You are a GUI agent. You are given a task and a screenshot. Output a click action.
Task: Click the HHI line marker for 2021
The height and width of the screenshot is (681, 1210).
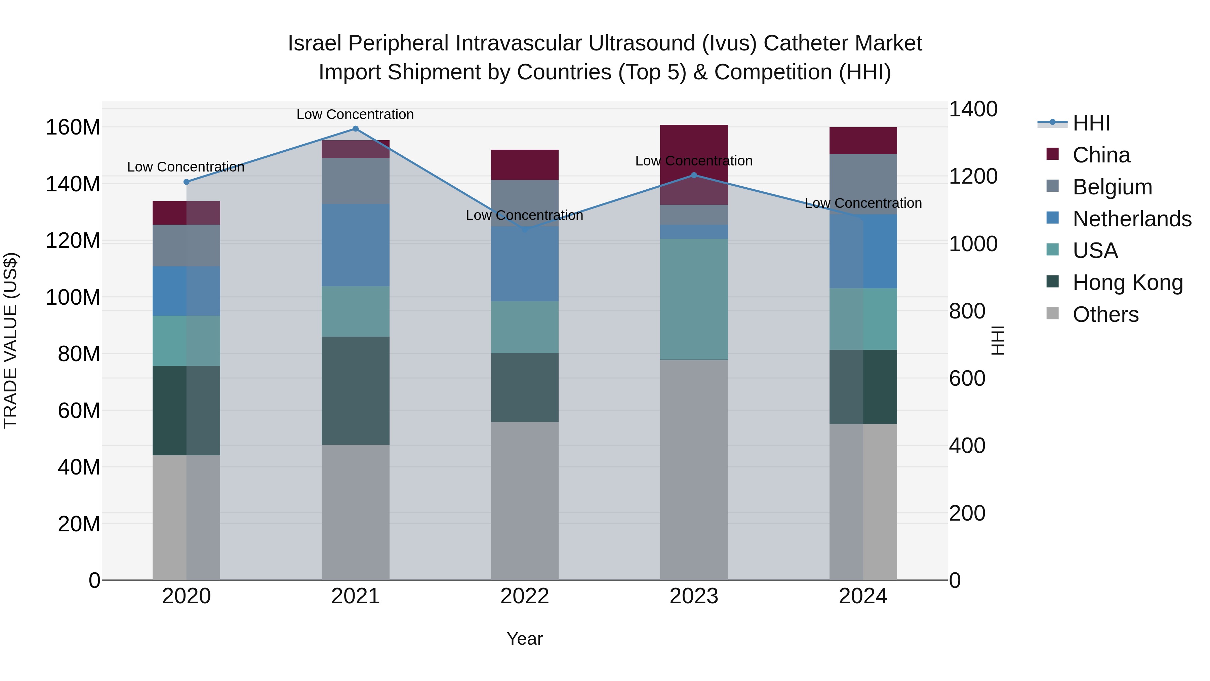(x=355, y=129)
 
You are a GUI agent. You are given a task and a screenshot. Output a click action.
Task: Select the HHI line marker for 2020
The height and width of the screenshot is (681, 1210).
(x=187, y=182)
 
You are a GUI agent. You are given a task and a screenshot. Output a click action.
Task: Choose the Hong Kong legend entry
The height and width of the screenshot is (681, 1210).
(x=1127, y=282)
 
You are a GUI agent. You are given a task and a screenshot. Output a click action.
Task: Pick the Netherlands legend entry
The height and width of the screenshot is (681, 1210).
(x=1132, y=219)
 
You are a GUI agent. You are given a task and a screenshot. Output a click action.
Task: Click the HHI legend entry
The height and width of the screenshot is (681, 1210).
(x=1091, y=123)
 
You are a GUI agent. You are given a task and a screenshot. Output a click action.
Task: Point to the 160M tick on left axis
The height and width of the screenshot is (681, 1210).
(x=73, y=127)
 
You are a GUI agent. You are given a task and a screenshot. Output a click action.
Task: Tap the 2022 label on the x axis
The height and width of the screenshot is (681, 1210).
(x=525, y=596)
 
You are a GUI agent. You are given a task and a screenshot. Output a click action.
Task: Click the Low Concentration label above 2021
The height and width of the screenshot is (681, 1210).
(x=355, y=114)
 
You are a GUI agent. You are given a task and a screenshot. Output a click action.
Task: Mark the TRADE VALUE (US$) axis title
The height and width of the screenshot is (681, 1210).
(x=10, y=340)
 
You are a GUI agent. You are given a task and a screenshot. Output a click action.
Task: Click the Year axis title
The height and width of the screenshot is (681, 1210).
(x=525, y=639)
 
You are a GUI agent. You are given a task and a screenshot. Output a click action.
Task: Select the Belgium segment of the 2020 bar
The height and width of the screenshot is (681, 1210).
(x=187, y=245)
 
